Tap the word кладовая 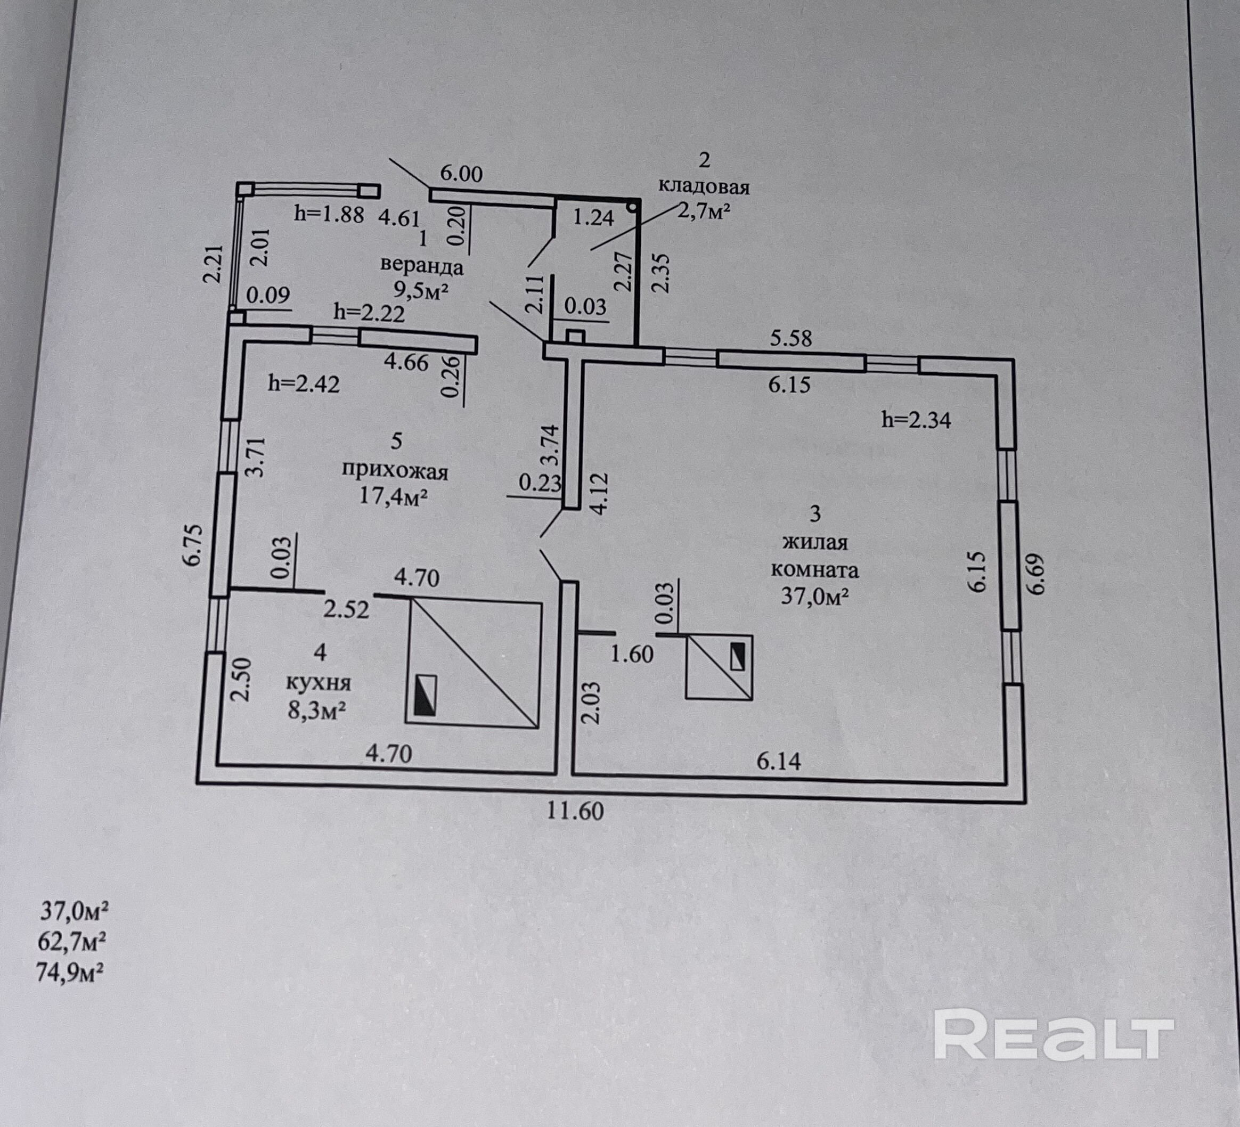(704, 186)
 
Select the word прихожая (395, 472)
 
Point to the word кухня (319, 683)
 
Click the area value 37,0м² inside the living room (815, 595)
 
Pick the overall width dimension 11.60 (576, 811)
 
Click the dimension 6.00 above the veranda (461, 174)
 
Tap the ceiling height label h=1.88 (330, 214)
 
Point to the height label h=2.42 (304, 384)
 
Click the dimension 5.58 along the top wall (791, 338)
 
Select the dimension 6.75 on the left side (192, 545)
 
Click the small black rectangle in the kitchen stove (425, 695)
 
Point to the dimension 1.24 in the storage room (593, 217)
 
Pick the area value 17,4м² (394, 496)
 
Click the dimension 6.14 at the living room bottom (779, 762)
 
